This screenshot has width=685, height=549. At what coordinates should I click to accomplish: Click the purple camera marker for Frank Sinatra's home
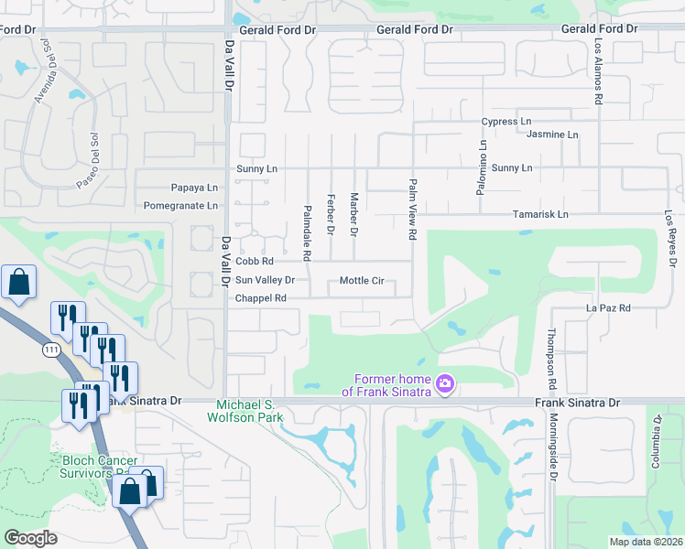pyautogui.click(x=445, y=383)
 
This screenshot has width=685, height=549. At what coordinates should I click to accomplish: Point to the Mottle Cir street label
pyautogui.click(x=361, y=281)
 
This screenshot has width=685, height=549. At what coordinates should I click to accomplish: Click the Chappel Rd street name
pyautogui.click(x=261, y=298)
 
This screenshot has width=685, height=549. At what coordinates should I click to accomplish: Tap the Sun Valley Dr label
pyautogui.click(x=265, y=280)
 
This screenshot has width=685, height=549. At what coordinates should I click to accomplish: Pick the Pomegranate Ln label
pyautogui.click(x=180, y=205)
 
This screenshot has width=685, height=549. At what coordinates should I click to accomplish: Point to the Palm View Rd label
pyautogui.click(x=413, y=210)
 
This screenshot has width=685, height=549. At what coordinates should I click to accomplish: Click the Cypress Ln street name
pyautogui.click(x=506, y=121)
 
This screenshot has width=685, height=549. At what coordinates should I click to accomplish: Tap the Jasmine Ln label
pyautogui.click(x=553, y=135)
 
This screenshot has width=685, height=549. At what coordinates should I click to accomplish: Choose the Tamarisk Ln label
pyautogui.click(x=543, y=214)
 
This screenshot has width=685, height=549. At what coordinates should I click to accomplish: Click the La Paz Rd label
pyautogui.click(x=608, y=308)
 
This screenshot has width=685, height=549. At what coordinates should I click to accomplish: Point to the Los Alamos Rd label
pyautogui.click(x=597, y=70)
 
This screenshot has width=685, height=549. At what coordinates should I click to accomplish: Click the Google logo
pyautogui.click(x=30, y=538)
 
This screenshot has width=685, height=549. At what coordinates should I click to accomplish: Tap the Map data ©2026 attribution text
pyautogui.click(x=646, y=542)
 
